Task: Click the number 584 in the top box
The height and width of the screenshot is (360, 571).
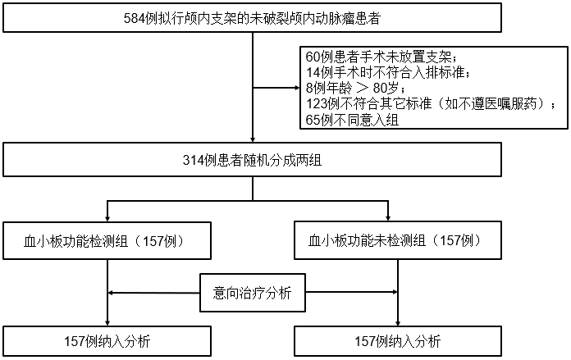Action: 134,18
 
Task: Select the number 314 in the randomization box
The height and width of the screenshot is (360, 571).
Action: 193,160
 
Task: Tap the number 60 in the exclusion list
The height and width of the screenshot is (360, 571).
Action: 313,57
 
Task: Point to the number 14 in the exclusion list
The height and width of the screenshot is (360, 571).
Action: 313,72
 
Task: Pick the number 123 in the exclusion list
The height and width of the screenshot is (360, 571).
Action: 316,104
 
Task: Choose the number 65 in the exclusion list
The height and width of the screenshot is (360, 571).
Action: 313,120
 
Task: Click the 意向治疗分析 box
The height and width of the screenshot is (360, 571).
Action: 253,293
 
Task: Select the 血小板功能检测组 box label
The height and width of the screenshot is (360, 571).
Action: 75,241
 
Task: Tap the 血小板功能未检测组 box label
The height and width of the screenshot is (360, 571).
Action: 367,240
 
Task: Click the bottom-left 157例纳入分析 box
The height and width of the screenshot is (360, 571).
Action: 107,341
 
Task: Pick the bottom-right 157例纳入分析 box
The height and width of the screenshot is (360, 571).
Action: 398,341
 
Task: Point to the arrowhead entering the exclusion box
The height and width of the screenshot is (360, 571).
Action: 296,88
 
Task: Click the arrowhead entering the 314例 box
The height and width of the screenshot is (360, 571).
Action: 253,139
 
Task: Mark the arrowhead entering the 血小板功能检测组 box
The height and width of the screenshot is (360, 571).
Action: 107,218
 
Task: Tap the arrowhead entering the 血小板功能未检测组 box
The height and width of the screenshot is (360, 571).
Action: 388,218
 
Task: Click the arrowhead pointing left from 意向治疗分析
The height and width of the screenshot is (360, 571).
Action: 111,293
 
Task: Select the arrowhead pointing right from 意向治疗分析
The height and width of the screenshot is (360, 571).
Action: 395,292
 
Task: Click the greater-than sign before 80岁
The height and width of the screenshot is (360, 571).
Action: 363,89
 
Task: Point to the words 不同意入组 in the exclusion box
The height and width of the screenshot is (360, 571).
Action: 359,120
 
